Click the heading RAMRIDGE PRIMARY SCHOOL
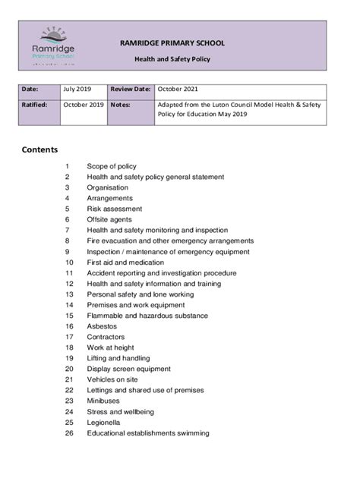click(172, 43)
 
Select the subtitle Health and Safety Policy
click(172, 58)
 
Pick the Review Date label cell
click(131, 90)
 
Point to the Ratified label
click(36, 105)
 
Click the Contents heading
click(39, 149)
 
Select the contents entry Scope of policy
click(112, 166)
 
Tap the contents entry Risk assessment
click(114, 209)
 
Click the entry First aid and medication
click(125, 262)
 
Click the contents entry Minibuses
click(103, 400)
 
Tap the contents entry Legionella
click(105, 422)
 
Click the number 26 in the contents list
click(68, 433)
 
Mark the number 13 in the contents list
click(68, 294)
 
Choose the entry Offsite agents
click(110, 219)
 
